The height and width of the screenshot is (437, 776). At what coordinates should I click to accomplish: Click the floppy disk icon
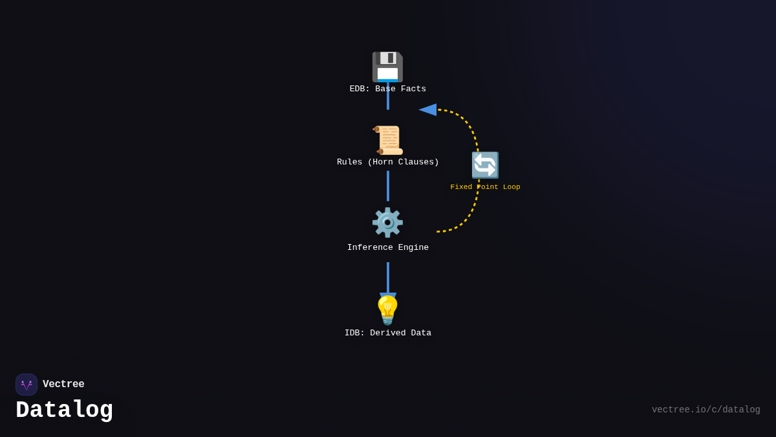[x=387, y=66]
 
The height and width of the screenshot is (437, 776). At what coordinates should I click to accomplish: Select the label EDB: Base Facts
[x=388, y=89]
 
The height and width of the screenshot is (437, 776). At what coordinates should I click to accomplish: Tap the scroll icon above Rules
[x=388, y=140]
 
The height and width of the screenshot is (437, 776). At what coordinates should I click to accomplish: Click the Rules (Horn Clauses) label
[x=388, y=162]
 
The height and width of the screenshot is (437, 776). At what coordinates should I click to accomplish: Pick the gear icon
[x=387, y=223]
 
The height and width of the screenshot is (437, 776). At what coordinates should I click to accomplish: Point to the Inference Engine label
[x=388, y=248]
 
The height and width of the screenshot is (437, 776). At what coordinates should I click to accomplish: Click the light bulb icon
[x=388, y=310]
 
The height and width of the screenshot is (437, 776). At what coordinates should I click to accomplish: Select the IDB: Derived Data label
[x=388, y=333]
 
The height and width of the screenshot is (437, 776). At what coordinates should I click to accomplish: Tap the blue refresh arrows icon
[x=485, y=165]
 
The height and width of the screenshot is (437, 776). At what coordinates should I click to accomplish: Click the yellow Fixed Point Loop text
[x=485, y=187]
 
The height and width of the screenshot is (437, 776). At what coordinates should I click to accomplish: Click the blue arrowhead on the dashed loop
[x=428, y=109]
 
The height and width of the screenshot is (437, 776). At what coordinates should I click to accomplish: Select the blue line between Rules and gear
[x=388, y=186]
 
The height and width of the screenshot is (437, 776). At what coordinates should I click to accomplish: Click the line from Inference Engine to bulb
[x=388, y=276]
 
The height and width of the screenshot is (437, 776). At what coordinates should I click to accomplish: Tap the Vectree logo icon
[x=27, y=385]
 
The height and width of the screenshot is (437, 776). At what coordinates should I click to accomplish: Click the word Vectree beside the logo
[x=63, y=385]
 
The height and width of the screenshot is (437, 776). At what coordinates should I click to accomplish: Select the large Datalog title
[x=65, y=410]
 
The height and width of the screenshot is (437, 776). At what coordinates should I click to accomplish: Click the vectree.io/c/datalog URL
[x=706, y=410]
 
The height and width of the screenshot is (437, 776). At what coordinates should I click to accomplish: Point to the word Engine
[x=411, y=248]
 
